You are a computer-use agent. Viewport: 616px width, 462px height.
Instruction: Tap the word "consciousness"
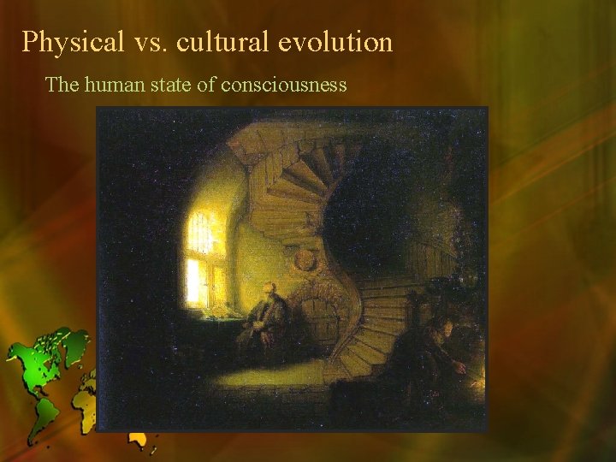click(283, 84)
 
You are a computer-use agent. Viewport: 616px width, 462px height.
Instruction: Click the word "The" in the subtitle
click(61, 84)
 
